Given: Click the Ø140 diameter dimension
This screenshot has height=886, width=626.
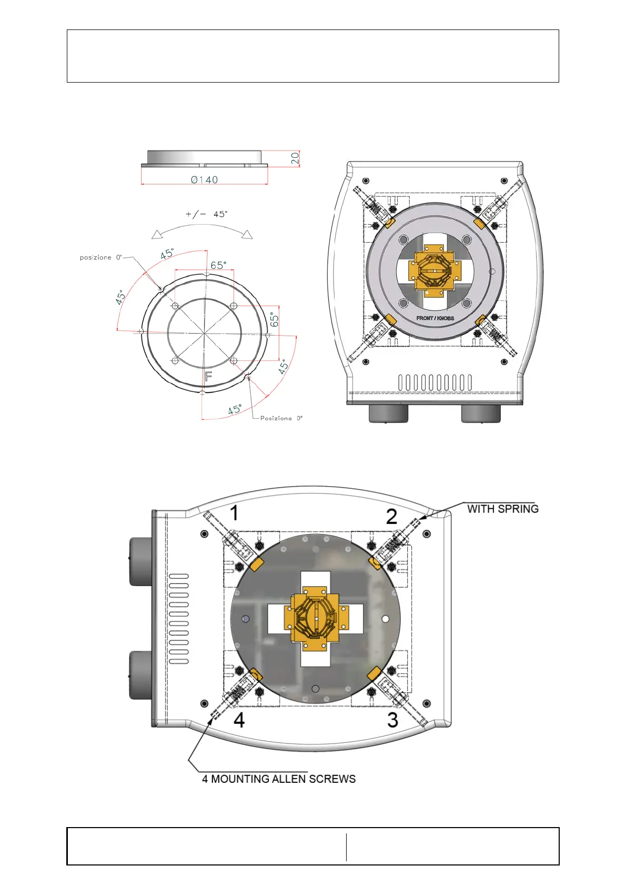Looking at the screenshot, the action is pos(204,180).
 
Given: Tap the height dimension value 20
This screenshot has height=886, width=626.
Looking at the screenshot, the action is pos(295,157).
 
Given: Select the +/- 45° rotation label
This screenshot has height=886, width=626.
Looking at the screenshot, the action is pos(206,214).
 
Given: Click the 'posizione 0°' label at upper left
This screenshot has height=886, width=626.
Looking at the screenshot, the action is pos(100,257).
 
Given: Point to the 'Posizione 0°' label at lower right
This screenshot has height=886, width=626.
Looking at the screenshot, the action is pos(281,418).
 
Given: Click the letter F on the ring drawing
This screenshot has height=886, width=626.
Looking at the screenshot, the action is pos(208,376).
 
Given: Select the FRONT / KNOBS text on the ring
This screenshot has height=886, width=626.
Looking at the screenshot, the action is pos(435,318).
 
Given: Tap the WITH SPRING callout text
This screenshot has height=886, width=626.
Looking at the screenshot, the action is pos(502,509).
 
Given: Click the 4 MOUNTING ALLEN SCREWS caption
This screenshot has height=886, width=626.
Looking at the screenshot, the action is pos(279,779).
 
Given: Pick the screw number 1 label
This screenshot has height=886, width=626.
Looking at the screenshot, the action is pos(235,512).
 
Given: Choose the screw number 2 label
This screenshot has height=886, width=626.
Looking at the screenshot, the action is pos(391,517).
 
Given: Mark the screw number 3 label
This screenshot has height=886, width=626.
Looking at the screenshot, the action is pos(392,720).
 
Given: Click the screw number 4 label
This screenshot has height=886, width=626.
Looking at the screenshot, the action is pos(239,720).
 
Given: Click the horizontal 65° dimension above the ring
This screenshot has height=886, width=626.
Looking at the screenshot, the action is pos(218,265).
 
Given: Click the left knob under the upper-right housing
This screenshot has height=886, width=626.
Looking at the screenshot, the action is pos(388,413).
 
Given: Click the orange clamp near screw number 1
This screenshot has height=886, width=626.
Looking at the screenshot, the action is pos(256,565).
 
